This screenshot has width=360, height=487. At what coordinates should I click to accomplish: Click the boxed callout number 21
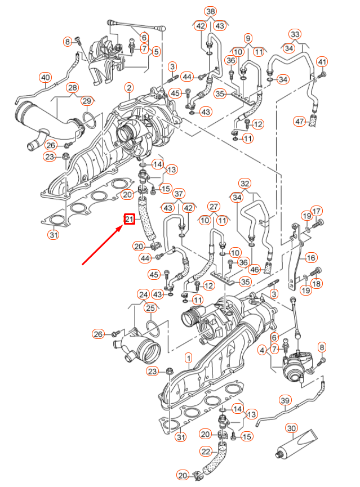pos(130,219)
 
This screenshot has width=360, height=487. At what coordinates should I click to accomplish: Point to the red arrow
pos(104,243)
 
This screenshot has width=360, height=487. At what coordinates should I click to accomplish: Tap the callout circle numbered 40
pos(45,77)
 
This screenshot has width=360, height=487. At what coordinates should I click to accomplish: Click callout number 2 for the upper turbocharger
pos(129,88)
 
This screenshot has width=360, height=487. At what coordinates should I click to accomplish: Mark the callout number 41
pos(322,61)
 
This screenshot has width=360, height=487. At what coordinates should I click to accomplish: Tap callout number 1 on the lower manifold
pos(188,358)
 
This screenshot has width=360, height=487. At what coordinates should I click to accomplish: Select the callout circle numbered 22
pos(206,452)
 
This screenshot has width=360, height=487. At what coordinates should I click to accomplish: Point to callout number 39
pos(285,400)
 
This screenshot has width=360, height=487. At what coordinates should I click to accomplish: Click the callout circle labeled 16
pos(310,257)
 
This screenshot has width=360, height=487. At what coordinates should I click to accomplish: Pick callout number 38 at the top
pos(210,12)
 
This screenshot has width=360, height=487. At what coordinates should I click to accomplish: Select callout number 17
pos(317,212)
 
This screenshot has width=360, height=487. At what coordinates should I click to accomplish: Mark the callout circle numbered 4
pos(261,350)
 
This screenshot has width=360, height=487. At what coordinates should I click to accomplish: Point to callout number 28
pos(72,88)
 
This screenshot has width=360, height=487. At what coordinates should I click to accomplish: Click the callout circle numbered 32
pos(244,184)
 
